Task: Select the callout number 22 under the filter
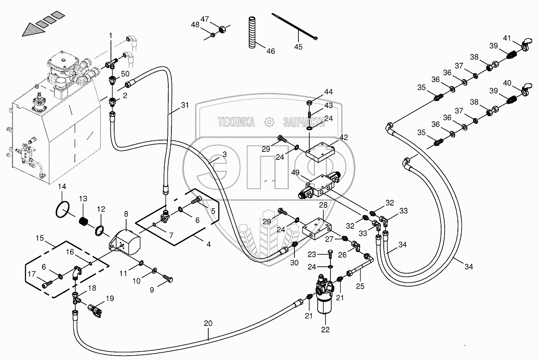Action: (325, 330)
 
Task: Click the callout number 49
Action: (295, 173)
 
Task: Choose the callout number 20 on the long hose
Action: (208, 324)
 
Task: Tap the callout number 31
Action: (185, 105)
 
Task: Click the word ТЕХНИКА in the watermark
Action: (236, 122)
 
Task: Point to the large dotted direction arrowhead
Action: (34, 30)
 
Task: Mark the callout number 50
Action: (125, 74)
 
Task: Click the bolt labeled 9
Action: (168, 279)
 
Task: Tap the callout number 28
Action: (323, 205)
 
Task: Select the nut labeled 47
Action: (222, 30)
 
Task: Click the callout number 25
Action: (360, 286)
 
